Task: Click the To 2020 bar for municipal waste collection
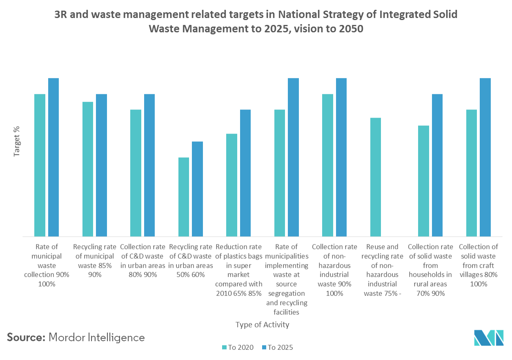point(40,165)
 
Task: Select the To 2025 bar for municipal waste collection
point(53,157)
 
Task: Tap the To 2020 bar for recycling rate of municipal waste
point(88,169)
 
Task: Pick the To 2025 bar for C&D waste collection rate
point(149,165)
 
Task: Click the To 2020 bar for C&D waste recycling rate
point(184,197)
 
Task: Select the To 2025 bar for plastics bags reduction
point(245,173)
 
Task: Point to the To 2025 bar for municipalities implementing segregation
point(293,157)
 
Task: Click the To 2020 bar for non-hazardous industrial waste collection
point(327,165)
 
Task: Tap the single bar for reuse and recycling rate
point(376,177)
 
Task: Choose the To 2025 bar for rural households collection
point(437,165)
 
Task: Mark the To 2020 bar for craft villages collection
point(472,173)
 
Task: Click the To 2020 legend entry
point(238,348)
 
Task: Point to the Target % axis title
point(17,141)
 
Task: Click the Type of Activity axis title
point(263,325)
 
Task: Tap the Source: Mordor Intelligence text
point(76,338)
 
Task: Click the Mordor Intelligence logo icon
point(489,338)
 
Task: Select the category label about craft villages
point(479,265)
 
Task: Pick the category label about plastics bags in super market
point(238,270)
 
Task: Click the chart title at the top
point(256,22)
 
